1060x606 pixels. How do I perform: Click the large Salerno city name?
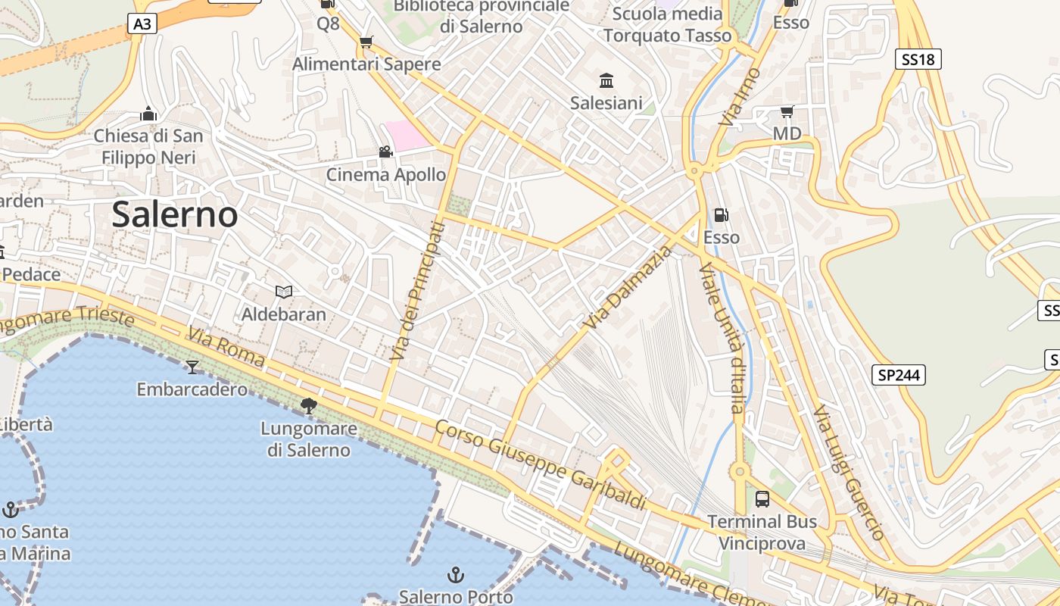point(175,215)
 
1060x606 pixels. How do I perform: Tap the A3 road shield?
point(142,24)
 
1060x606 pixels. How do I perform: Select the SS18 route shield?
point(918,59)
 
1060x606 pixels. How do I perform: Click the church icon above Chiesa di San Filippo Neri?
point(148,114)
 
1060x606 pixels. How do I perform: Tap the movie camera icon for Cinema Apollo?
point(385,152)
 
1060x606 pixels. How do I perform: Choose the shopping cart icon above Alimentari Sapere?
point(366,42)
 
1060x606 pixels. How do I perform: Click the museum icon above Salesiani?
point(606,81)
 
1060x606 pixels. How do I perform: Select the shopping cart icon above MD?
point(787,112)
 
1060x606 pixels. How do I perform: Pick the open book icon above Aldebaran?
point(284,292)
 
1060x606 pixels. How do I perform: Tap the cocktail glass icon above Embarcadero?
point(192,367)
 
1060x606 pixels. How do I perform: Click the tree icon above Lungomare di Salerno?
point(308,406)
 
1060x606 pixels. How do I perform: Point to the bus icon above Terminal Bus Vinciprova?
point(762,499)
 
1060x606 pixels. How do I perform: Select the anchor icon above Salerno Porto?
point(455,575)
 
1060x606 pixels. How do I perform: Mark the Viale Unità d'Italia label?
point(722,338)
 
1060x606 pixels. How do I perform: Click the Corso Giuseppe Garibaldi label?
point(541,467)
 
